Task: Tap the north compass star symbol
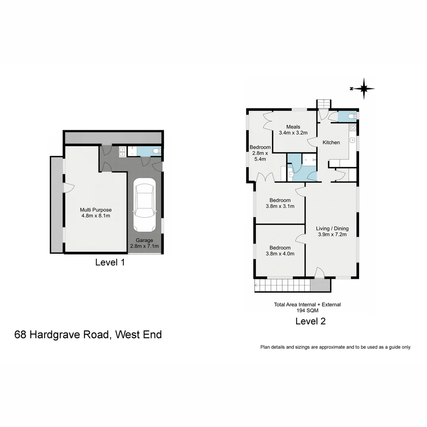(x=364, y=89)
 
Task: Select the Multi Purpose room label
(x=96, y=213)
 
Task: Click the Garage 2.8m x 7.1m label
(x=144, y=243)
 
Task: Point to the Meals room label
(x=293, y=130)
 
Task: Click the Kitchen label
(x=331, y=142)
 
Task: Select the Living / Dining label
(x=332, y=231)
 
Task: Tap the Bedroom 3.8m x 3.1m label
(x=280, y=203)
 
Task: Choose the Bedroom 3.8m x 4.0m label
(x=280, y=251)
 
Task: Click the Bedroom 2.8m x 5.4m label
(x=260, y=153)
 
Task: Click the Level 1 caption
(x=110, y=262)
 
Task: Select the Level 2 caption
(x=310, y=321)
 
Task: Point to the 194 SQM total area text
(x=307, y=311)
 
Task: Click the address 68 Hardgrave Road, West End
(x=88, y=334)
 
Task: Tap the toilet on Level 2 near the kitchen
(x=351, y=116)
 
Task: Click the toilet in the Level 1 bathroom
(x=156, y=151)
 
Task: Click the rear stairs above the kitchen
(x=323, y=104)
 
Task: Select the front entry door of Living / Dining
(x=320, y=273)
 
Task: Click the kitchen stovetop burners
(x=353, y=128)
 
